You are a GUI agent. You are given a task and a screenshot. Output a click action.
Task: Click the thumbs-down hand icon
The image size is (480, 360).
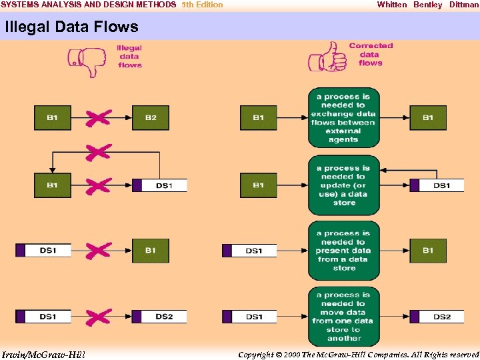(87, 61)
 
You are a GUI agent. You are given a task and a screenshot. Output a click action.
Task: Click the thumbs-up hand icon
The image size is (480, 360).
(327, 58)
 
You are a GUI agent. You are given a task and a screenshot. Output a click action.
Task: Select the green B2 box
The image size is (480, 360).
(151, 118)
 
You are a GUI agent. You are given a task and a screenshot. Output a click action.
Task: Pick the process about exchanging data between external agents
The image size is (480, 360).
(343, 118)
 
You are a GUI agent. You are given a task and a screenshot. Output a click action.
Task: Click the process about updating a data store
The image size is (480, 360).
(343, 185)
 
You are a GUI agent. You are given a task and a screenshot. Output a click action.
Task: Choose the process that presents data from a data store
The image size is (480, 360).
(343, 251)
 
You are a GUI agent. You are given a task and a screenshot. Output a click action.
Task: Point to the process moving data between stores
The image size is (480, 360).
(343, 316)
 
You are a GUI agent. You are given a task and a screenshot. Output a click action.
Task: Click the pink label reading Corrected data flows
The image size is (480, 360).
(371, 55)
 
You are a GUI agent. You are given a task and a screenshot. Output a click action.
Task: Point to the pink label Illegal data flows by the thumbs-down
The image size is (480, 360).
(129, 57)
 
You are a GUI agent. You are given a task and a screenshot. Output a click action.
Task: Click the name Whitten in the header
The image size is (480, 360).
(391, 5)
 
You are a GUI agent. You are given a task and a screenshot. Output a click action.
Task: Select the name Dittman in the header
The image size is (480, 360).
(463, 5)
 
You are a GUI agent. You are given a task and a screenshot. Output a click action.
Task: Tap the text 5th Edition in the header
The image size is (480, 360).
(202, 5)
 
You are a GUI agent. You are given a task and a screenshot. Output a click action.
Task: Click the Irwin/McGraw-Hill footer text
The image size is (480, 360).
(43, 353)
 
